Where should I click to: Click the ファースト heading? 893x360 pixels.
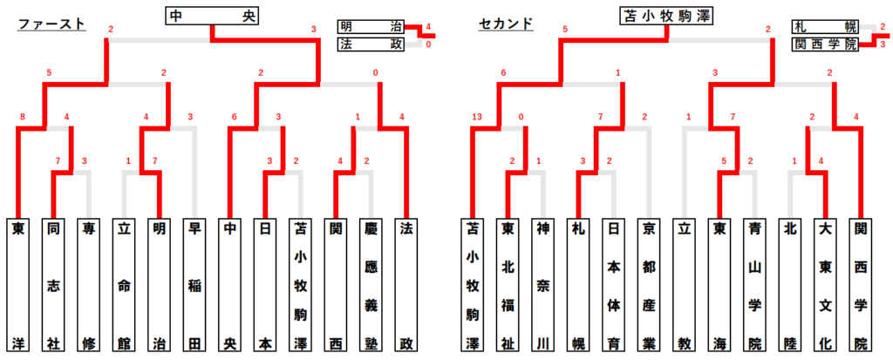click(x=51, y=24)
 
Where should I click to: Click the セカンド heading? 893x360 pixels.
click(x=506, y=24)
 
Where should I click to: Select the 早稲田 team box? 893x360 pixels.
click(x=196, y=284)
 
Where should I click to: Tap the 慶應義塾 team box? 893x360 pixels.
click(x=372, y=284)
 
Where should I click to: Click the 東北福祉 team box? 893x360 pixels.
click(x=508, y=284)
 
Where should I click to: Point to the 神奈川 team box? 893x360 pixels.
click(x=542, y=284)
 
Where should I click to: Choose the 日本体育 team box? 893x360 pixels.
click(x=612, y=284)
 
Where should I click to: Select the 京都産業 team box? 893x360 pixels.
click(x=647, y=284)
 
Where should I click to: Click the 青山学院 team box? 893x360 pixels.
click(x=754, y=284)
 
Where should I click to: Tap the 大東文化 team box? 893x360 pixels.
click(x=825, y=284)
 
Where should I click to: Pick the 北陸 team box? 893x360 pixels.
click(x=789, y=284)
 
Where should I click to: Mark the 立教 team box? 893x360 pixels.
click(x=684, y=284)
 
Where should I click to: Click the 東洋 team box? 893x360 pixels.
click(x=18, y=284)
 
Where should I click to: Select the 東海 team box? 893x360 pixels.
click(x=719, y=284)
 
